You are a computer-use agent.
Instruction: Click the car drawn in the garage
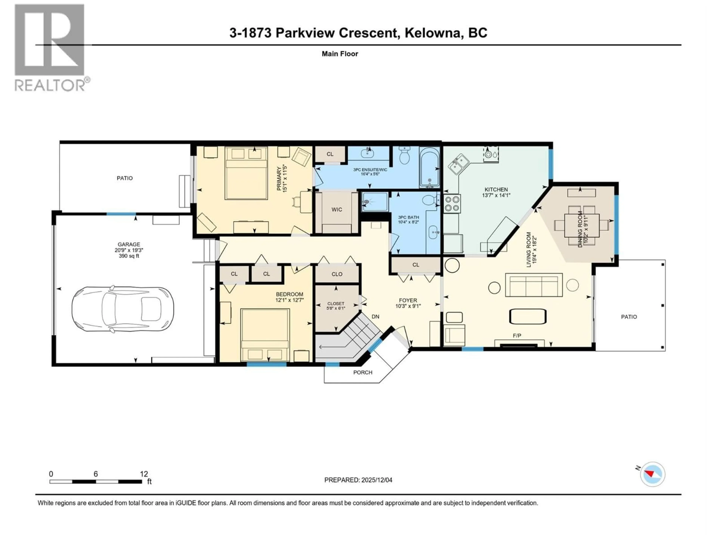point(122,309)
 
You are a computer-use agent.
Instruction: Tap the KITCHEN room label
point(496,189)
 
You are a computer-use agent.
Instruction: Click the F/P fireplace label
point(517,336)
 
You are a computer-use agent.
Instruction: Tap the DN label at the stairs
point(375,316)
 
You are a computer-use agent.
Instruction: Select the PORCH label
point(363,372)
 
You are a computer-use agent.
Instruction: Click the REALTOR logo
point(50,49)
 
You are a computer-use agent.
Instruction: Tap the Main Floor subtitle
point(340,54)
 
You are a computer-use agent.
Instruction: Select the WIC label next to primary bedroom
point(337,209)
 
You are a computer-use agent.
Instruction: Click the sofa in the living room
point(533,285)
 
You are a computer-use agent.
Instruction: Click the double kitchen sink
point(458,164)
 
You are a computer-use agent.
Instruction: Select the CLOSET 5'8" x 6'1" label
point(336,306)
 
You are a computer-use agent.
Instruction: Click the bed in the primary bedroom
point(246,174)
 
